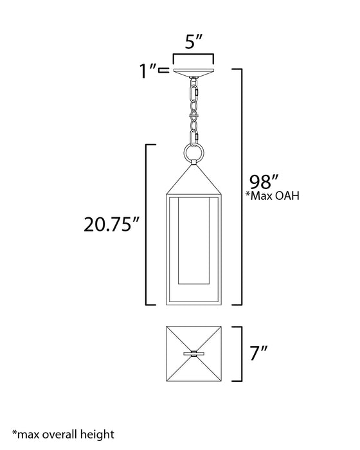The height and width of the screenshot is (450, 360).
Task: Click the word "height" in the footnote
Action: click(x=94, y=435)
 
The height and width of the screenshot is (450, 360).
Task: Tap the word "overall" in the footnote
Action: click(x=55, y=435)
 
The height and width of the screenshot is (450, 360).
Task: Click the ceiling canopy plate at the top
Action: click(x=193, y=71)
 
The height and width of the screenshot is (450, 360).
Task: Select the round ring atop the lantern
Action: click(x=193, y=154)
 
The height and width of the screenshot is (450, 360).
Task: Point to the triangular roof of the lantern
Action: click(x=193, y=180)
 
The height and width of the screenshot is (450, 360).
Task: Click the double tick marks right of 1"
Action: click(x=165, y=70)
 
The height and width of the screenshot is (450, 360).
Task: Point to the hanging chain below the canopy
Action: click(x=193, y=109)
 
